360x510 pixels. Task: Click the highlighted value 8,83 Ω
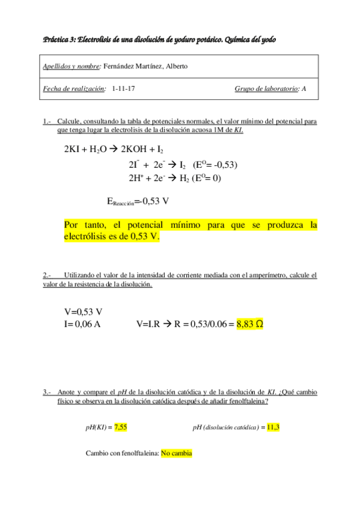[x=250, y=324]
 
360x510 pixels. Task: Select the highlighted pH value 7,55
[x=120, y=427]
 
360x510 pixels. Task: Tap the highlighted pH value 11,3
[x=273, y=427]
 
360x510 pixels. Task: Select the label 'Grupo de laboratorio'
[x=266, y=89]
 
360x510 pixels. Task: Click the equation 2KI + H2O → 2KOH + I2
[x=114, y=150]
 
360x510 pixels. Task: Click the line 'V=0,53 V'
[x=83, y=312]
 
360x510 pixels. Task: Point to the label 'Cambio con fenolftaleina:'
[x=123, y=453]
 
